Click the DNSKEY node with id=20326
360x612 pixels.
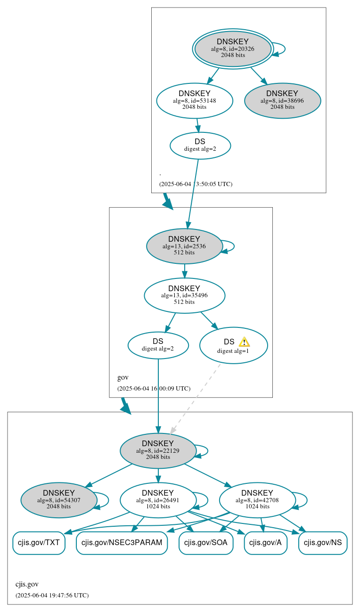(x=233, y=49)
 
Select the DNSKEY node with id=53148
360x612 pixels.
(x=194, y=100)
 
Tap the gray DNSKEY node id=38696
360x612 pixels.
(x=282, y=100)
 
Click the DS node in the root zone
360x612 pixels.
(x=200, y=145)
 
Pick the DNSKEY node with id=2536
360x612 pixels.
(x=184, y=246)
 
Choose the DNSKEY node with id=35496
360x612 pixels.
(x=184, y=295)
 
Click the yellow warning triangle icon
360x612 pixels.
(x=244, y=342)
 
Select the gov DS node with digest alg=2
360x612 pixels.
(x=158, y=345)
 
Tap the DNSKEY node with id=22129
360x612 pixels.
(x=158, y=451)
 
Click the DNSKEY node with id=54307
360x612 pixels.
(x=59, y=500)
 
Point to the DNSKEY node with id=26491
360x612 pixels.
(x=158, y=500)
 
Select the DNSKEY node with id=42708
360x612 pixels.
(x=257, y=500)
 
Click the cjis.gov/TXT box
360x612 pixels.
(x=39, y=543)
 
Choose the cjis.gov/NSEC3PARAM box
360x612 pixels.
(x=122, y=543)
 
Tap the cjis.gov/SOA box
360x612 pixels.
(x=206, y=543)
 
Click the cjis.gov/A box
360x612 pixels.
(x=265, y=543)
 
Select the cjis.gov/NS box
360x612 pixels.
(x=323, y=543)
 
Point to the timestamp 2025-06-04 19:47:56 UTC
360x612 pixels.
(x=52, y=595)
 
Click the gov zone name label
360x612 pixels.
(x=123, y=377)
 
